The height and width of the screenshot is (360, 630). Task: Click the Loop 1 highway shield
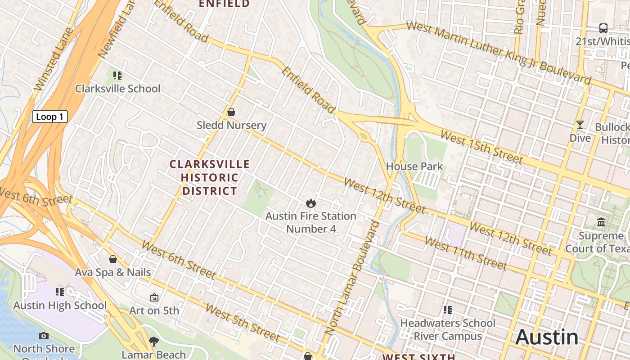tap(49, 117)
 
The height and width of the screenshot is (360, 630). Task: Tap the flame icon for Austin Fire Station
tap(310, 203)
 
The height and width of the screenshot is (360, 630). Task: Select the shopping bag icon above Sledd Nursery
tap(231, 112)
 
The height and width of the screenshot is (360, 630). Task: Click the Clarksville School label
tap(117, 88)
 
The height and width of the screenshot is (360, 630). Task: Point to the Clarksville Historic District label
tap(209, 177)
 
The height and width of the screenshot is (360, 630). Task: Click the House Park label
tap(414, 166)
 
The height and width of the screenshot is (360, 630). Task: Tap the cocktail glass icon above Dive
tap(580, 125)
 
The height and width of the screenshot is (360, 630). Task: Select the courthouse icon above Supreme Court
tap(601, 222)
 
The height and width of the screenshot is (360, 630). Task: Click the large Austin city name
tap(547, 337)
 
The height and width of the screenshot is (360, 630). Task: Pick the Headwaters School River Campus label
tap(448, 329)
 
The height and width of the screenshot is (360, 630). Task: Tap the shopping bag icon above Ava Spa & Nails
tap(113, 259)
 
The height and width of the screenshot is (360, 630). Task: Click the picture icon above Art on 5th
tap(154, 297)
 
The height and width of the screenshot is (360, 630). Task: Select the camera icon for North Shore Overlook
tap(44, 336)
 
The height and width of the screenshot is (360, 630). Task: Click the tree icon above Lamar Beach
tap(154, 342)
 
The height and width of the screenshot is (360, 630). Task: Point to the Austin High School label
tap(60, 306)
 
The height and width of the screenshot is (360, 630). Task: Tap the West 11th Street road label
tap(466, 254)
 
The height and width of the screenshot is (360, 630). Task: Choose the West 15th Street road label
tap(481, 147)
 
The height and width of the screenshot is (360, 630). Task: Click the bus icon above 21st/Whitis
tap(603, 28)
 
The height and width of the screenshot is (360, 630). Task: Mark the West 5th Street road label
tap(243, 322)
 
